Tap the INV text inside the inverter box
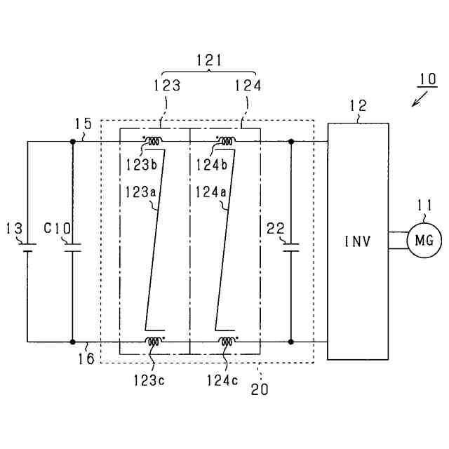357,242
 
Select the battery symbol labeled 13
27,247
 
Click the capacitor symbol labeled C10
72,247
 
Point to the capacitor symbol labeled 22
291,246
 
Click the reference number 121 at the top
209,62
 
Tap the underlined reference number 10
425,76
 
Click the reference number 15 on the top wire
83,125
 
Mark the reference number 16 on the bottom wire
88,358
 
